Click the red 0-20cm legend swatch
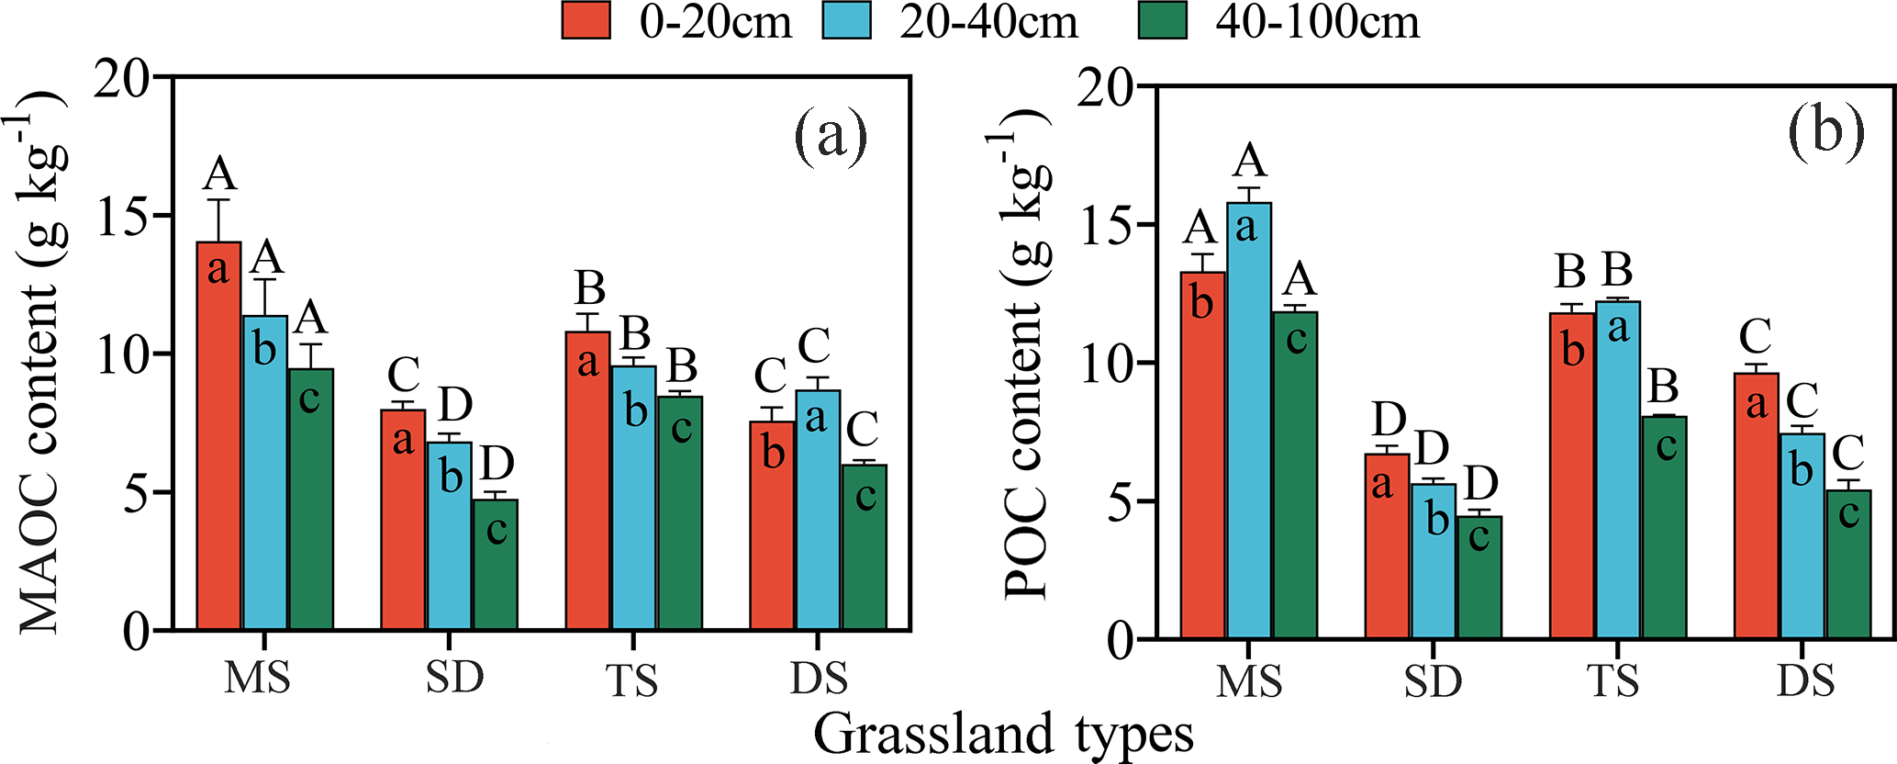586,20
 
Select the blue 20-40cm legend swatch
845,20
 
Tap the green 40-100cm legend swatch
1162,20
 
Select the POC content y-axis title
1025,354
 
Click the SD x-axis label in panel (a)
454,678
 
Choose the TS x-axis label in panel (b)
1612,681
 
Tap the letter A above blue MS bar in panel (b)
1250,162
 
